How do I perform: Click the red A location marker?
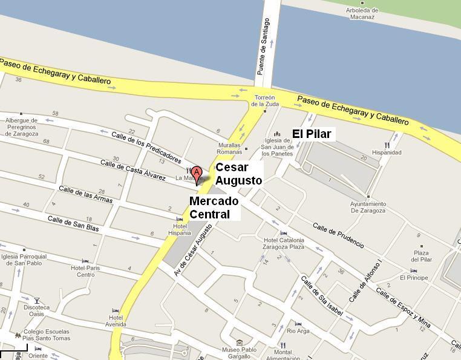point(197,173)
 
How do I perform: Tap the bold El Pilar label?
point(312,134)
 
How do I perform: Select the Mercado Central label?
point(214,208)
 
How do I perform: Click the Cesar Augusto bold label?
point(238,174)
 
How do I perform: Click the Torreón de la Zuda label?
point(264,100)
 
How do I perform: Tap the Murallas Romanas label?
point(229,149)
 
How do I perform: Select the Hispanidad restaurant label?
point(387,152)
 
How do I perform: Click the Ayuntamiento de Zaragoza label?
point(368,207)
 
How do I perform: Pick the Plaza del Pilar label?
point(422,256)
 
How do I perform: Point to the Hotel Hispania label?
point(179,229)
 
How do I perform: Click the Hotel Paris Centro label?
point(85,271)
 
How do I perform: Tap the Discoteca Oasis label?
point(37,310)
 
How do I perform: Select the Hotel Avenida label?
point(116,321)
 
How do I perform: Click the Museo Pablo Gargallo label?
point(240,353)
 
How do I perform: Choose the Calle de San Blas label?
point(73,224)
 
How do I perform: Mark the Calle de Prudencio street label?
point(338,235)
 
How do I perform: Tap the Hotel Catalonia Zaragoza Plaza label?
point(283,243)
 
